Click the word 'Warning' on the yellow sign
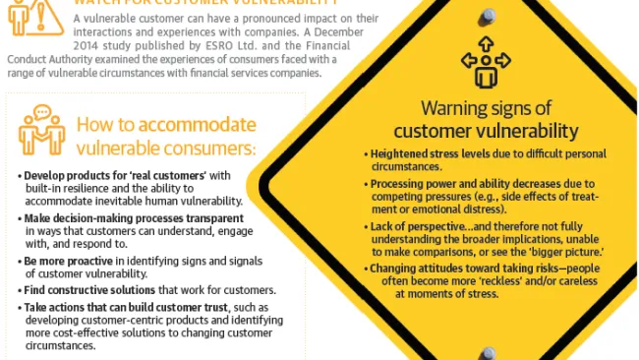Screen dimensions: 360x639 456,109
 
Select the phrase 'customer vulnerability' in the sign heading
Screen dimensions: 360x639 486,131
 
